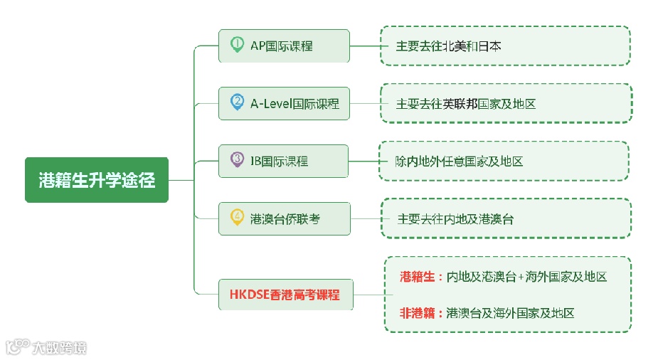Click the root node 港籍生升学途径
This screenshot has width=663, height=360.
pos(97,180)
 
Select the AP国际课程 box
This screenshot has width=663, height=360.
pos(284,46)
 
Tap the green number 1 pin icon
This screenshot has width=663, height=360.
pos(237,45)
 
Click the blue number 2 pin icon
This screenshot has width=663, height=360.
pos(237,102)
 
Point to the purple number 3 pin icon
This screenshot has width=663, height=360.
pos(237,160)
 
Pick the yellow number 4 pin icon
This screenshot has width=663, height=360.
pos(237,217)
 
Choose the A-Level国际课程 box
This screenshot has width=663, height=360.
pos(284,104)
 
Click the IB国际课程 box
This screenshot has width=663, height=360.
pos(284,162)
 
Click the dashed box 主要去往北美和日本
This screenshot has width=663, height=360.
pos(505,46)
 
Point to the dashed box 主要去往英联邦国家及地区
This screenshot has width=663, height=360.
pos(505,104)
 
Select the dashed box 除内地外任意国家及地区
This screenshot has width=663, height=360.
pos(505,162)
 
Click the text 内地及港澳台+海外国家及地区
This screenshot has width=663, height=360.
pos(526,277)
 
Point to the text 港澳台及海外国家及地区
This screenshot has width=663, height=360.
pos(510,313)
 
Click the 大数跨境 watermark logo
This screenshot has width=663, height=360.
pos(46,348)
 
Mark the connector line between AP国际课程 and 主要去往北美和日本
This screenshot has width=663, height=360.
pos(364,46)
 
